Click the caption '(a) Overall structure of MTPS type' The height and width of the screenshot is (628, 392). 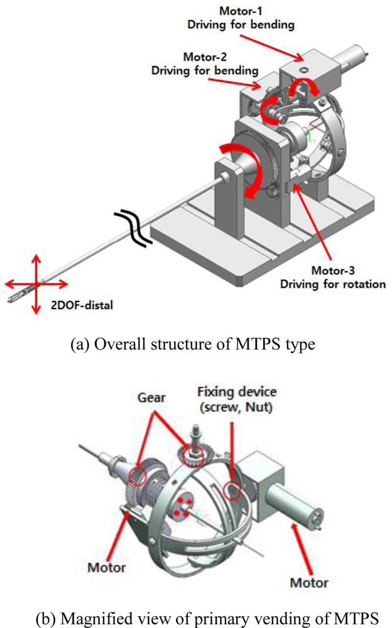click(x=196, y=344)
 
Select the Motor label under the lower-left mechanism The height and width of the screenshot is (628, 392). click(x=106, y=567)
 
